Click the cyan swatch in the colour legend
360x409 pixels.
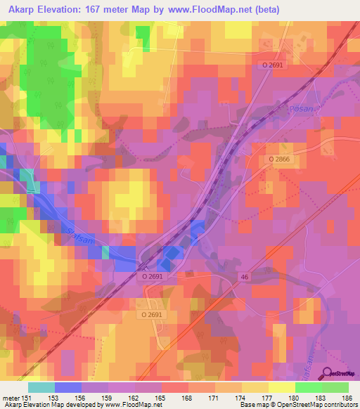(x=41, y=387)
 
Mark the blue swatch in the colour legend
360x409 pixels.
(x=67, y=387)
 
